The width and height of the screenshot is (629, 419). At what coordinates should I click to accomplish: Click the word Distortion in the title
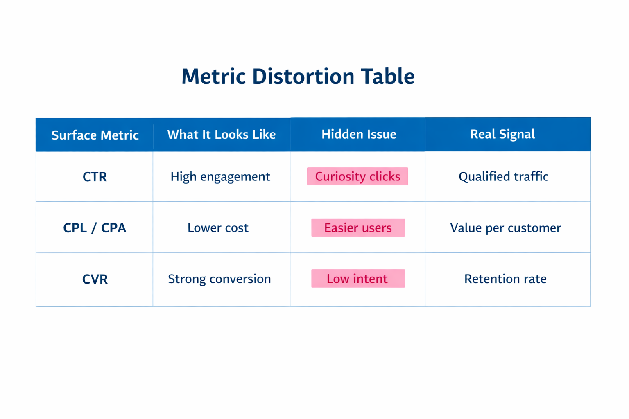[x=303, y=77]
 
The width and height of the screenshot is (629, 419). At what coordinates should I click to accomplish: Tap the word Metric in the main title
[x=213, y=77]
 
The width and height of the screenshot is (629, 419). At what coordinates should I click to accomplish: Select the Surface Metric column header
[x=95, y=135]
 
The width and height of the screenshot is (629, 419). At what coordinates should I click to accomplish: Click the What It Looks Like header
[x=221, y=135]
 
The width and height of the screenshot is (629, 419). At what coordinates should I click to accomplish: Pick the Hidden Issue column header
[x=358, y=134]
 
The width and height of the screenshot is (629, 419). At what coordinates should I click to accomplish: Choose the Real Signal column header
[x=502, y=134]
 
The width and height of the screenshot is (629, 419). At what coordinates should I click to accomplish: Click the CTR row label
[x=95, y=177]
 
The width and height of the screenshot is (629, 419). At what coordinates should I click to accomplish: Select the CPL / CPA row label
[x=95, y=228]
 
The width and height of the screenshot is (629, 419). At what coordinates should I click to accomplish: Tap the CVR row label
[x=95, y=279]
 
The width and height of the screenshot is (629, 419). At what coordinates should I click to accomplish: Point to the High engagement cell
[x=220, y=176]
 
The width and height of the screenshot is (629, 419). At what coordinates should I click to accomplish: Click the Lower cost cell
[x=218, y=228]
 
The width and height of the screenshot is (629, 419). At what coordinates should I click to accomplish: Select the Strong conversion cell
[x=219, y=279]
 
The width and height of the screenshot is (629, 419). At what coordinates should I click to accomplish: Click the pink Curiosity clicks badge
[x=357, y=176]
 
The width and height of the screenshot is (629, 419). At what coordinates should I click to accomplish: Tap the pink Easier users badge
[x=358, y=228]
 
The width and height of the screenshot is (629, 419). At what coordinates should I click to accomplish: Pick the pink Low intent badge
[x=358, y=279]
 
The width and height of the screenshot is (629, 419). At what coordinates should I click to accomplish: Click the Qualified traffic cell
[x=503, y=176]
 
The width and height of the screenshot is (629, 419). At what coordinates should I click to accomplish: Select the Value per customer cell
[x=505, y=228]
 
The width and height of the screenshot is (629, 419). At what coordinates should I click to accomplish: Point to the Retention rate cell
[x=505, y=279]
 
